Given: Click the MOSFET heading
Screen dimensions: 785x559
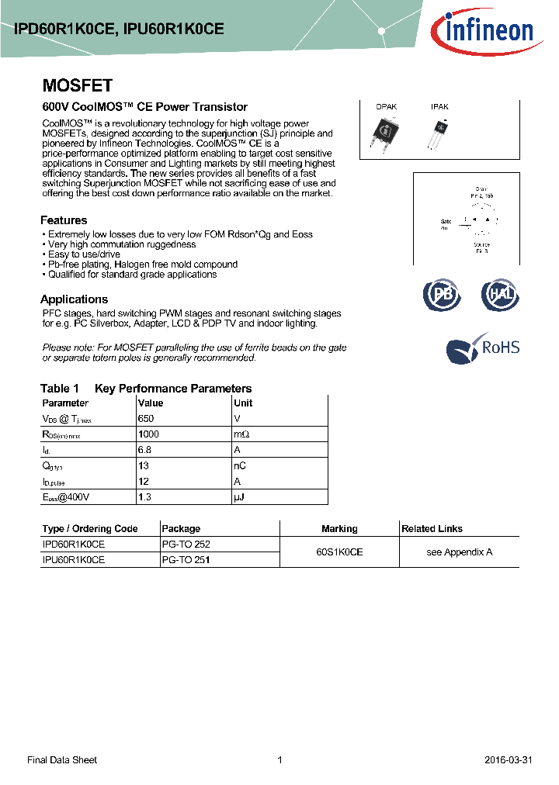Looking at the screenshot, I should coord(77,86).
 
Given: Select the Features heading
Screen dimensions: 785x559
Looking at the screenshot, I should coord(64,220).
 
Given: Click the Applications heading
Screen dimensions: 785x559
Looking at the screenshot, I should coord(74,299).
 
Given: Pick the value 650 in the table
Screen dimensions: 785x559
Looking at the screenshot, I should coord(145,418).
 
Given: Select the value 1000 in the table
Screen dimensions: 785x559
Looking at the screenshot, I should coord(148,434).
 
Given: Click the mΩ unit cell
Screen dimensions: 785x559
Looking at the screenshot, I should coord(242,434).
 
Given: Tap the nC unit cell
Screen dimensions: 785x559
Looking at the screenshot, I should coord(240,465).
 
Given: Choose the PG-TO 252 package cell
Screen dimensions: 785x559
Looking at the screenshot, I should coord(186,545).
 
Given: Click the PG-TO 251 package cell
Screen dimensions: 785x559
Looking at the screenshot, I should coord(186,559).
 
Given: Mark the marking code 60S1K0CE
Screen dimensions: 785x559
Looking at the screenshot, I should coord(339,552).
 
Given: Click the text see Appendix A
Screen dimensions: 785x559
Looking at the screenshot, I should coord(460,552).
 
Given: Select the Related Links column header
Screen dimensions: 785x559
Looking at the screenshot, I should coord(432,529).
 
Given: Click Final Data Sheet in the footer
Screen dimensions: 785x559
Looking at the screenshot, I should coord(62,760).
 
